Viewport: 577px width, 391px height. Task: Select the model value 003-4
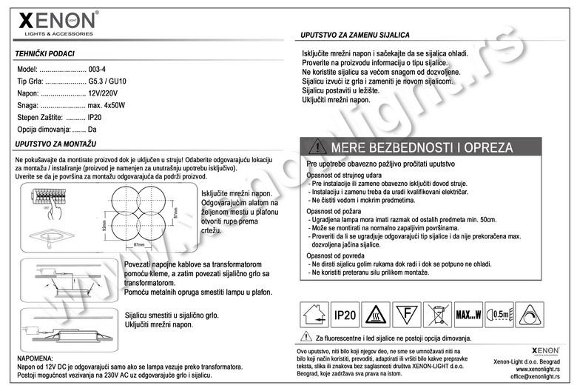(98, 68)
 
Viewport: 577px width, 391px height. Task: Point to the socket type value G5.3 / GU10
(108, 81)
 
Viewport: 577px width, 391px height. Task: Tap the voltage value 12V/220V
(103, 93)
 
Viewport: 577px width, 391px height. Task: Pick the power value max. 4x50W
(107, 106)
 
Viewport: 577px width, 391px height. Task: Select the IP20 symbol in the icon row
(346, 315)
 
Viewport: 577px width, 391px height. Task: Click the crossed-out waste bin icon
(436, 315)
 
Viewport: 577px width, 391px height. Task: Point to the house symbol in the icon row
(313, 315)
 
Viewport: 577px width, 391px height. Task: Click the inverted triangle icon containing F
(405, 315)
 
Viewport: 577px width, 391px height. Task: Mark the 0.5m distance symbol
(501, 315)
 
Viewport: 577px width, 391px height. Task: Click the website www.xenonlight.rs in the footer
(537, 369)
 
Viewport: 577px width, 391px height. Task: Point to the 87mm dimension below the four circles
(138, 244)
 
